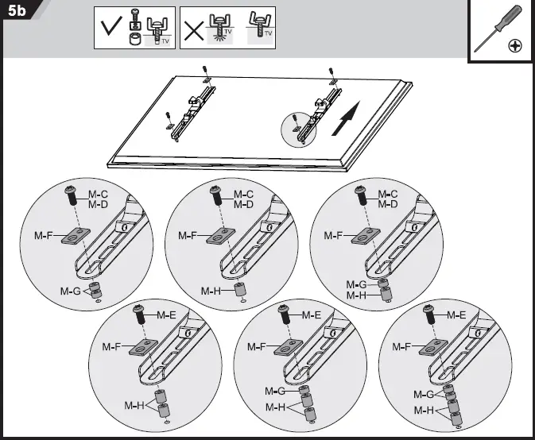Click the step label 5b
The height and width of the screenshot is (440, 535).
[17, 12]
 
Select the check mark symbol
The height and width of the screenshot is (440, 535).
[109, 31]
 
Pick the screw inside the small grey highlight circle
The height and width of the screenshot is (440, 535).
[295, 120]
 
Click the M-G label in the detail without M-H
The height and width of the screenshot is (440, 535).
[70, 291]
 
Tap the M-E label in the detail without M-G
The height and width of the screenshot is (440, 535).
[165, 315]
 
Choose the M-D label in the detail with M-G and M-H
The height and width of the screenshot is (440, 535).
[388, 205]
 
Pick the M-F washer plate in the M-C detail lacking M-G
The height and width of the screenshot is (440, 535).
[216, 236]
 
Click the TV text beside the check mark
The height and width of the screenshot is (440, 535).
[166, 42]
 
